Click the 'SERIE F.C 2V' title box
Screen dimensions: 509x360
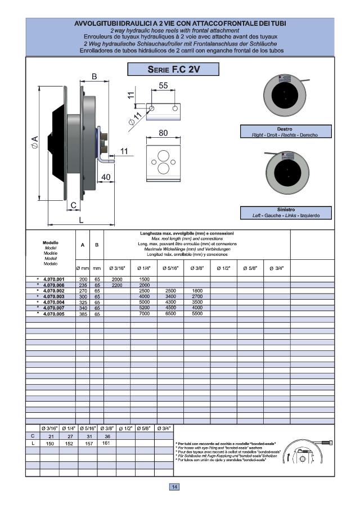[x=173, y=70]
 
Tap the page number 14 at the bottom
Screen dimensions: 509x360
[x=174, y=487]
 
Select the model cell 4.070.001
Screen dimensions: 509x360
[x=53, y=279]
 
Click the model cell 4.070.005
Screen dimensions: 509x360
[x=53, y=313]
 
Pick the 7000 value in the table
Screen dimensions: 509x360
[x=144, y=313]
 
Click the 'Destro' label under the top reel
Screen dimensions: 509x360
[x=285, y=129]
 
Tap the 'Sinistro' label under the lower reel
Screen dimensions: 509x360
[x=285, y=209]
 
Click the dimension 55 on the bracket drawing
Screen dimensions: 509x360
[x=164, y=86]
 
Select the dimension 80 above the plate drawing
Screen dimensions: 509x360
[x=163, y=133]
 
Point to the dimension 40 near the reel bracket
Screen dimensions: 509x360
[x=106, y=177]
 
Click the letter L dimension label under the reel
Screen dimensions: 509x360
[x=81, y=220]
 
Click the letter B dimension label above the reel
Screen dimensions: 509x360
[x=94, y=76]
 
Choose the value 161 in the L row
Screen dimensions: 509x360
[x=106, y=443]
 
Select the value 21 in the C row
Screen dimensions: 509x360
[x=51, y=436]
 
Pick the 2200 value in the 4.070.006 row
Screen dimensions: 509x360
[x=117, y=285]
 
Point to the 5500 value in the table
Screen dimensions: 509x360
[x=197, y=313]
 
